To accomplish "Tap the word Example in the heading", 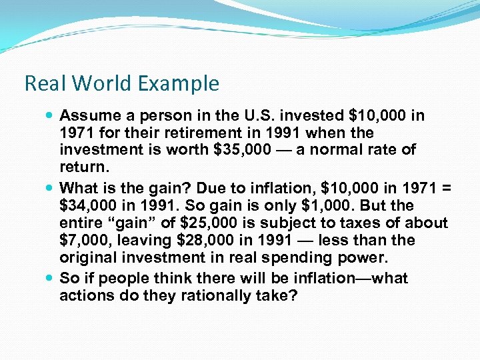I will (179, 83).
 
